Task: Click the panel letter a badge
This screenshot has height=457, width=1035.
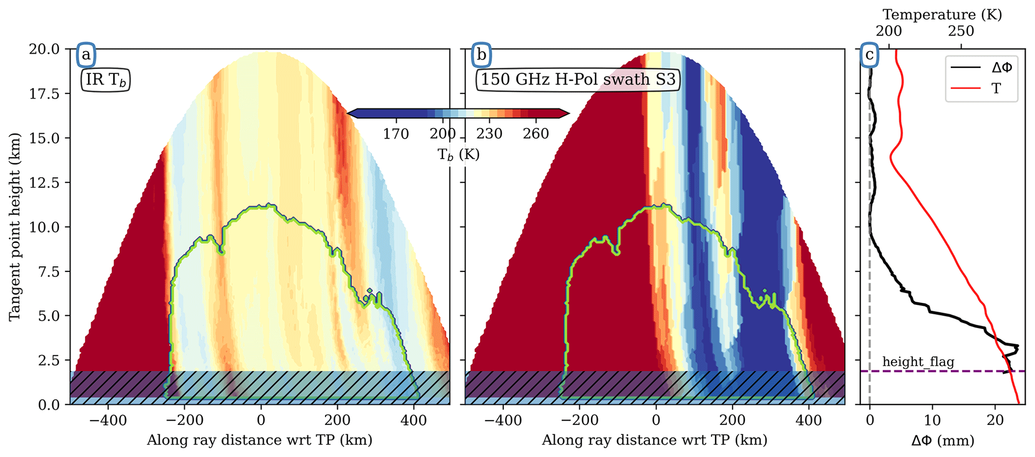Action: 86,55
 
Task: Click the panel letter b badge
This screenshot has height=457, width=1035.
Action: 481,55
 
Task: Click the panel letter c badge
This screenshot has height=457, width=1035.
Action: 870,55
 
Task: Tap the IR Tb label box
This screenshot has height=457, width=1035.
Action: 106,81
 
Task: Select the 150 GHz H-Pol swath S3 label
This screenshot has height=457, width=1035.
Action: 578,80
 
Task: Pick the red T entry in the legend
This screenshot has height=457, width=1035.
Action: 981,89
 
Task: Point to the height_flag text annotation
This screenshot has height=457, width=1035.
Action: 918,362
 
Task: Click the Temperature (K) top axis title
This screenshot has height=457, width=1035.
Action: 942,15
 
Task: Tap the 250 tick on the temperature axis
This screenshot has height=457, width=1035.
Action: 961,32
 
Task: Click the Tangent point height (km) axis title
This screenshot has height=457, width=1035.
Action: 16,227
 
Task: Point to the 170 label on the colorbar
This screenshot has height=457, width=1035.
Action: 396,134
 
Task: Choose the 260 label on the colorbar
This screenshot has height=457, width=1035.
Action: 536,134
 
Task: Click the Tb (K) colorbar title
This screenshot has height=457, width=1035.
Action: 458,155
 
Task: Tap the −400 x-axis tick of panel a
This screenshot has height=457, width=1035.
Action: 108,420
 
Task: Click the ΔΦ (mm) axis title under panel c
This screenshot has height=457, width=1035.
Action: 943,441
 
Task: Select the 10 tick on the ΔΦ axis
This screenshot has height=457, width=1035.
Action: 932,420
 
